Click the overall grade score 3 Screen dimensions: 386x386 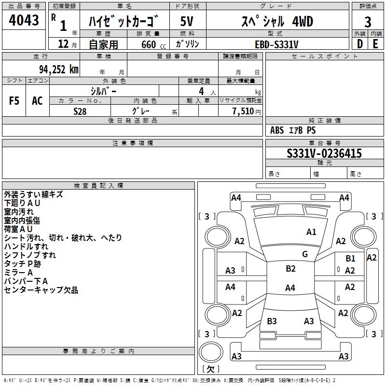tap(368, 21)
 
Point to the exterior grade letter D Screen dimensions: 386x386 tap(359, 44)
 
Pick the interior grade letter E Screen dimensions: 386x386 tap(375, 44)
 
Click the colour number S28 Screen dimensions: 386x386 tap(80, 111)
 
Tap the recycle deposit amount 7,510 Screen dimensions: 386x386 tap(244, 111)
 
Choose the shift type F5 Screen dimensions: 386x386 tap(14, 100)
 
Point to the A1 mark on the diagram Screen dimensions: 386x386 tap(311, 232)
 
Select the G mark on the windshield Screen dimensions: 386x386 tap(305, 254)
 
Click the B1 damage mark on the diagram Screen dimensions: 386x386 tap(350, 259)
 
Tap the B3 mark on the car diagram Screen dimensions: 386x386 tap(272, 321)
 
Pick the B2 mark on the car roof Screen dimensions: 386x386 tap(290, 269)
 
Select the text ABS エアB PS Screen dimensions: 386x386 tap(293, 130)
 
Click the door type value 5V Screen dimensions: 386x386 tap(187, 21)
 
